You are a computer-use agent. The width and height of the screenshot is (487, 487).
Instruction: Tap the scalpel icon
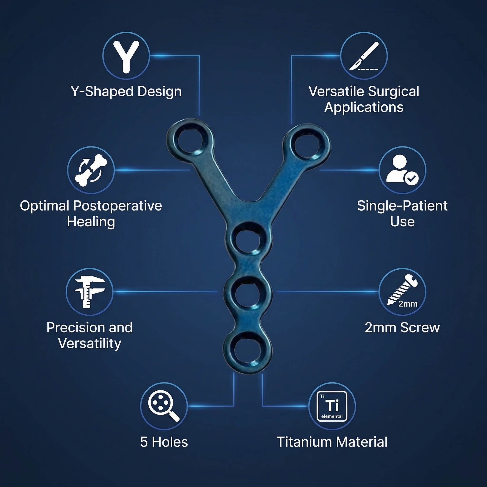(x=364, y=56)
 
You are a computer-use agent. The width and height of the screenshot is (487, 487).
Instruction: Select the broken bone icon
(x=91, y=170)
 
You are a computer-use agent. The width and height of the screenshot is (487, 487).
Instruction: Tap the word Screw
(x=420, y=328)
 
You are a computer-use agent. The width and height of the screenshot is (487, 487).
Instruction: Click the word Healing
(x=91, y=222)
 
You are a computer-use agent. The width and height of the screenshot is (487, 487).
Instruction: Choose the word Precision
(x=76, y=328)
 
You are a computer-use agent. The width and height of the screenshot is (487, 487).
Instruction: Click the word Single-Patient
(x=402, y=206)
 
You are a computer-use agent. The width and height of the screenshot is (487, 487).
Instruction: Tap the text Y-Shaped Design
(x=126, y=92)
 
